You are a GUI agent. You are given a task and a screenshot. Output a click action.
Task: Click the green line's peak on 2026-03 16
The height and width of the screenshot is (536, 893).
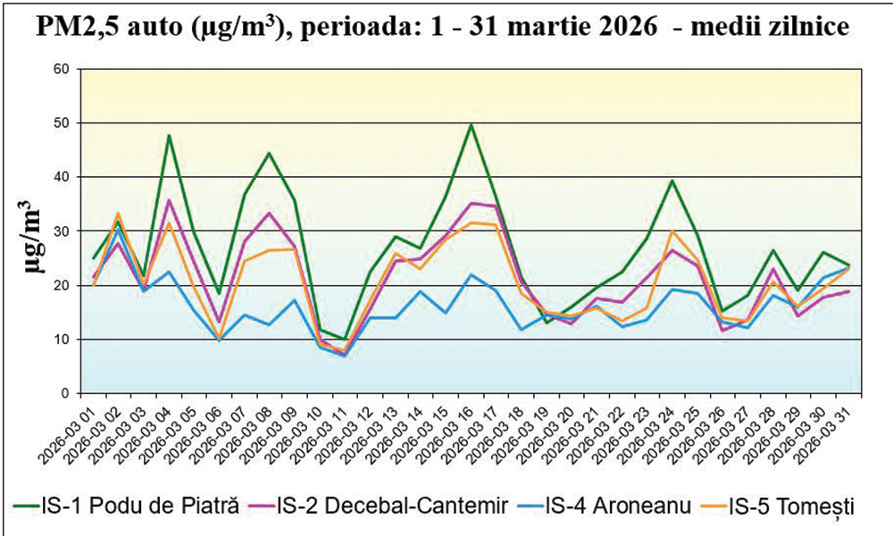click(x=471, y=124)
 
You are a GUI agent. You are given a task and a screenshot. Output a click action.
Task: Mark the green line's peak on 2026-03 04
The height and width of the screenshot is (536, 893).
click(x=169, y=135)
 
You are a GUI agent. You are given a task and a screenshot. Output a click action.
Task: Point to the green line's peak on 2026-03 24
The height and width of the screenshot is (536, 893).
click(x=672, y=180)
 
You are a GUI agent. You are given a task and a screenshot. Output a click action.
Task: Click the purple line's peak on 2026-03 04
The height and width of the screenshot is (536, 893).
click(x=169, y=200)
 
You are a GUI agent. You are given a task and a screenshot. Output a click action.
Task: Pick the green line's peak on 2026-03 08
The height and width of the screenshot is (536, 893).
click(x=269, y=153)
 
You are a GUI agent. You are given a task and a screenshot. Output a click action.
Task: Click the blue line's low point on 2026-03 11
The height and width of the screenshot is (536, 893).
click(x=345, y=356)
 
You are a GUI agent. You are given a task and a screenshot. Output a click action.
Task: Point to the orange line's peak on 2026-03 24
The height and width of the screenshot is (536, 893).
click(x=672, y=231)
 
